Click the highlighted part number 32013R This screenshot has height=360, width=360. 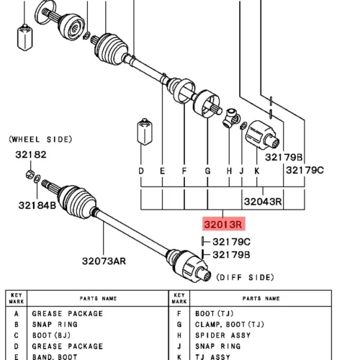pos(223,225)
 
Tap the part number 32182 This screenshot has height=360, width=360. pos(31,155)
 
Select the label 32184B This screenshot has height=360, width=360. pos(37,205)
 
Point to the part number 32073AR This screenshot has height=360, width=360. pos(104,261)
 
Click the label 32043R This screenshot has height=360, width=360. pos(263,202)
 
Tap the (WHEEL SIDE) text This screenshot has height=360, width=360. pos(40,140)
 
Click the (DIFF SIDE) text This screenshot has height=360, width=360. pos(245,277)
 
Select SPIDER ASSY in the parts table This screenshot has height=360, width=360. pos(222,336)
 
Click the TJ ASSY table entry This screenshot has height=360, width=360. pos(212,357)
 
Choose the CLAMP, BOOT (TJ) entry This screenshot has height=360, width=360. pos(230,325)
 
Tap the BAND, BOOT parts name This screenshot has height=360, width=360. pos(55,357)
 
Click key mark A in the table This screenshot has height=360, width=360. pos(17,314)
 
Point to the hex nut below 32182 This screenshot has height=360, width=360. pos(30,174)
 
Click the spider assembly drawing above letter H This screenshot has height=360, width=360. pos(231,118)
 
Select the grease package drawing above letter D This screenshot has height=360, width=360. pos(145,132)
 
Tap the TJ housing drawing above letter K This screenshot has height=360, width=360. pos(262,135)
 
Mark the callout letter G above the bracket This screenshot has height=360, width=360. pos(207,171)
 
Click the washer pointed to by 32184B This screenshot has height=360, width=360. pos(37,179)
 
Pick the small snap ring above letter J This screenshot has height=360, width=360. pos(243,125)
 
